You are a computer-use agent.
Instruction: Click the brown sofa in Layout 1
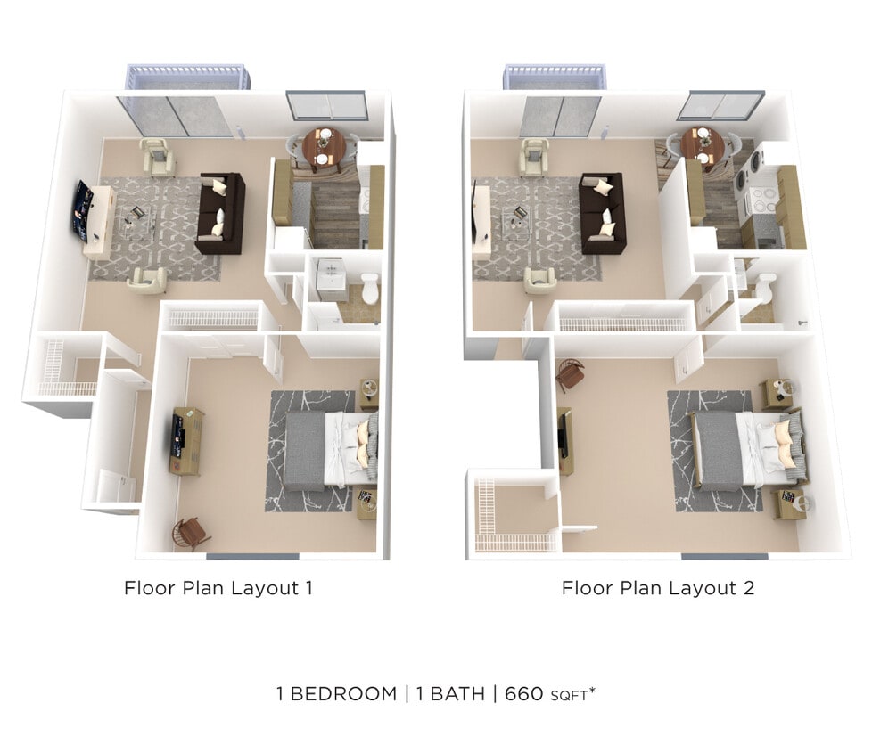(x=220, y=213)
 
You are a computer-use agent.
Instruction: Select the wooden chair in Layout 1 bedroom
(x=191, y=533)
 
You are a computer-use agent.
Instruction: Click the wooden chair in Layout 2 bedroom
(x=570, y=375)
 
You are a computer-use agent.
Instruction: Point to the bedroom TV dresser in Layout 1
(x=186, y=440)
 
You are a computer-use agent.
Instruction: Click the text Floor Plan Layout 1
(x=218, y=588)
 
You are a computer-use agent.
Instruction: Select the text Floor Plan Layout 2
(x=657, y=588)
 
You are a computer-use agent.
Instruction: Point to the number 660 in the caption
(x=524, y=693)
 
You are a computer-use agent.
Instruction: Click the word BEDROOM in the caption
(x=343, y=693)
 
